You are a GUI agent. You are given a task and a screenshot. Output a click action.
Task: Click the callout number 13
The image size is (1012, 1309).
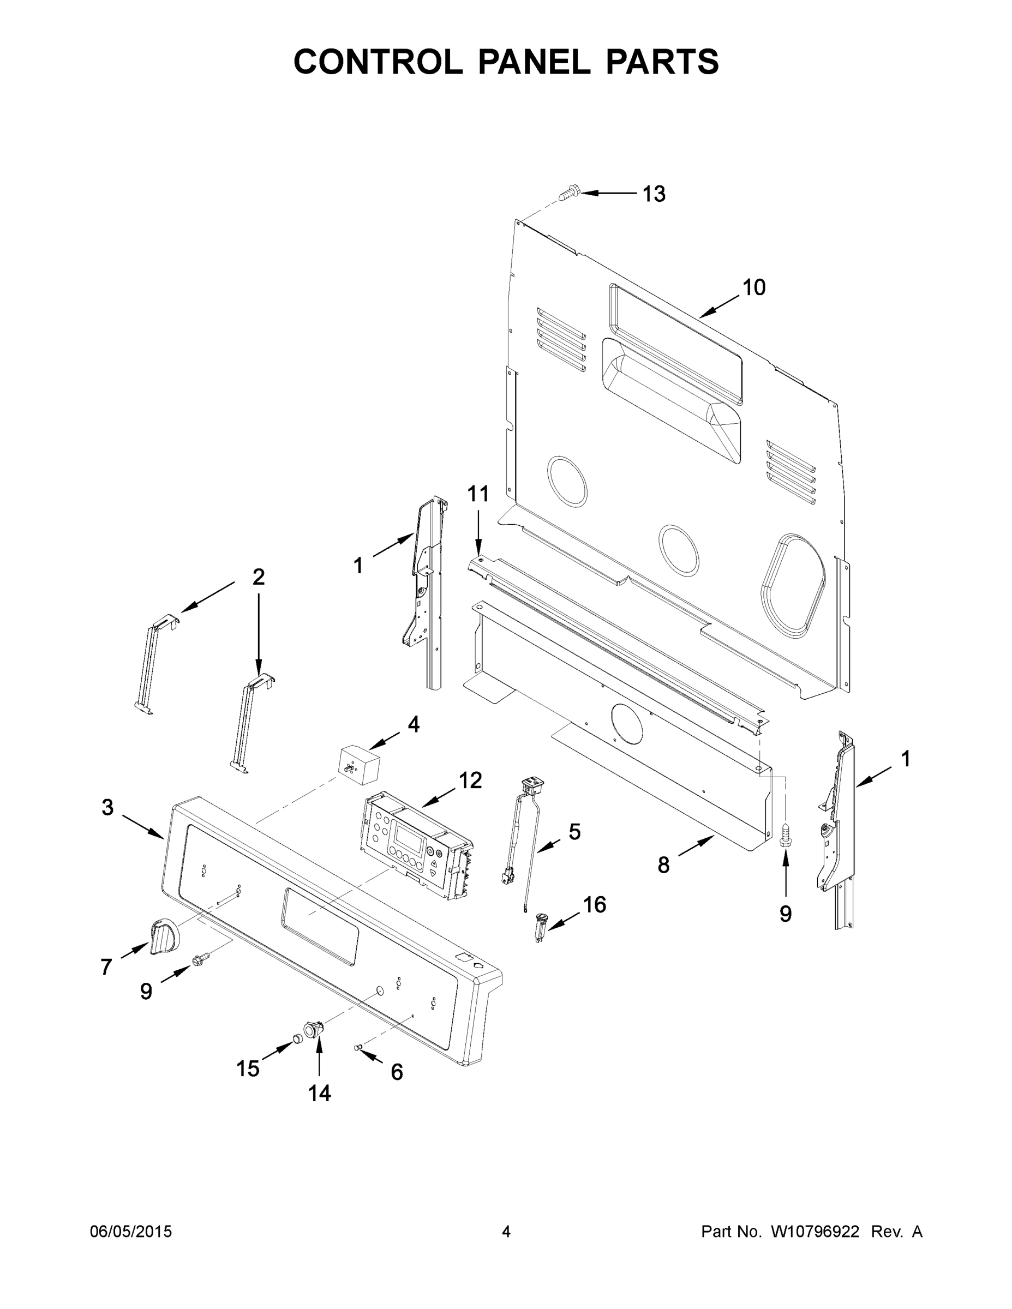point(654,194)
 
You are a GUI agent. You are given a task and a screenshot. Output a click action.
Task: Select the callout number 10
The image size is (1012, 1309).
point(754,287)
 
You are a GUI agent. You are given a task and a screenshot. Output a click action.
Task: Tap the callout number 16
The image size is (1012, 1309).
point(595,904)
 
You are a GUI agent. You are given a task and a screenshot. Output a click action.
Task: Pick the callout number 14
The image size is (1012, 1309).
point(320,1093)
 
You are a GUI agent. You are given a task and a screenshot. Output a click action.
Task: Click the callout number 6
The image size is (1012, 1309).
point(397,1072)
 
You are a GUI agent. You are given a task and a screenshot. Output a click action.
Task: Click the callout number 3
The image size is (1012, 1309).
point(107,808)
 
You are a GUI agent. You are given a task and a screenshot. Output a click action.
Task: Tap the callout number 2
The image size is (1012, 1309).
point(259,577)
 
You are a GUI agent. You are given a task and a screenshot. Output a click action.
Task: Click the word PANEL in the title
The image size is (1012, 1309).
point(534,62)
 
